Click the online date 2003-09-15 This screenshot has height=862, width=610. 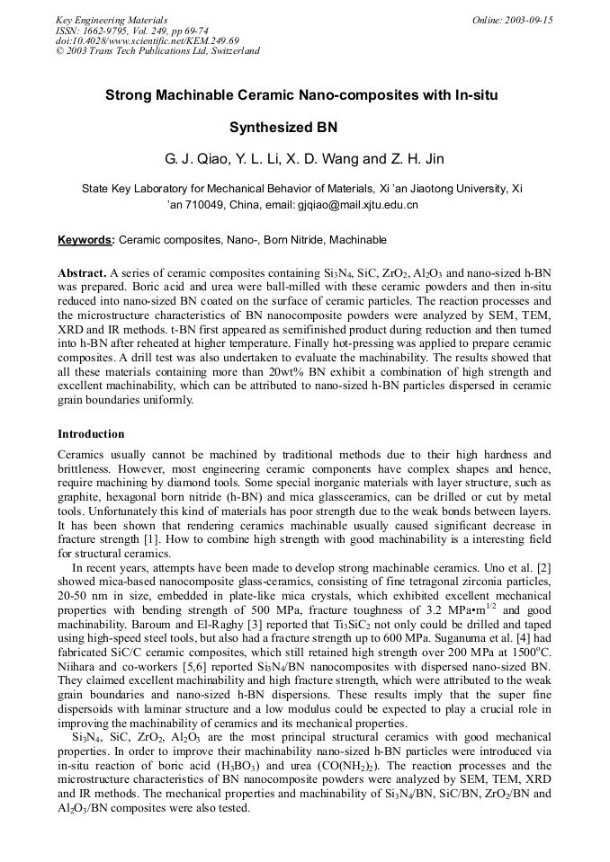point(528,20)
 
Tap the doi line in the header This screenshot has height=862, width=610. point(148,40)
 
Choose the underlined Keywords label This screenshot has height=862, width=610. point(85,240)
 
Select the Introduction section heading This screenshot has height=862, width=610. point(91,433)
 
